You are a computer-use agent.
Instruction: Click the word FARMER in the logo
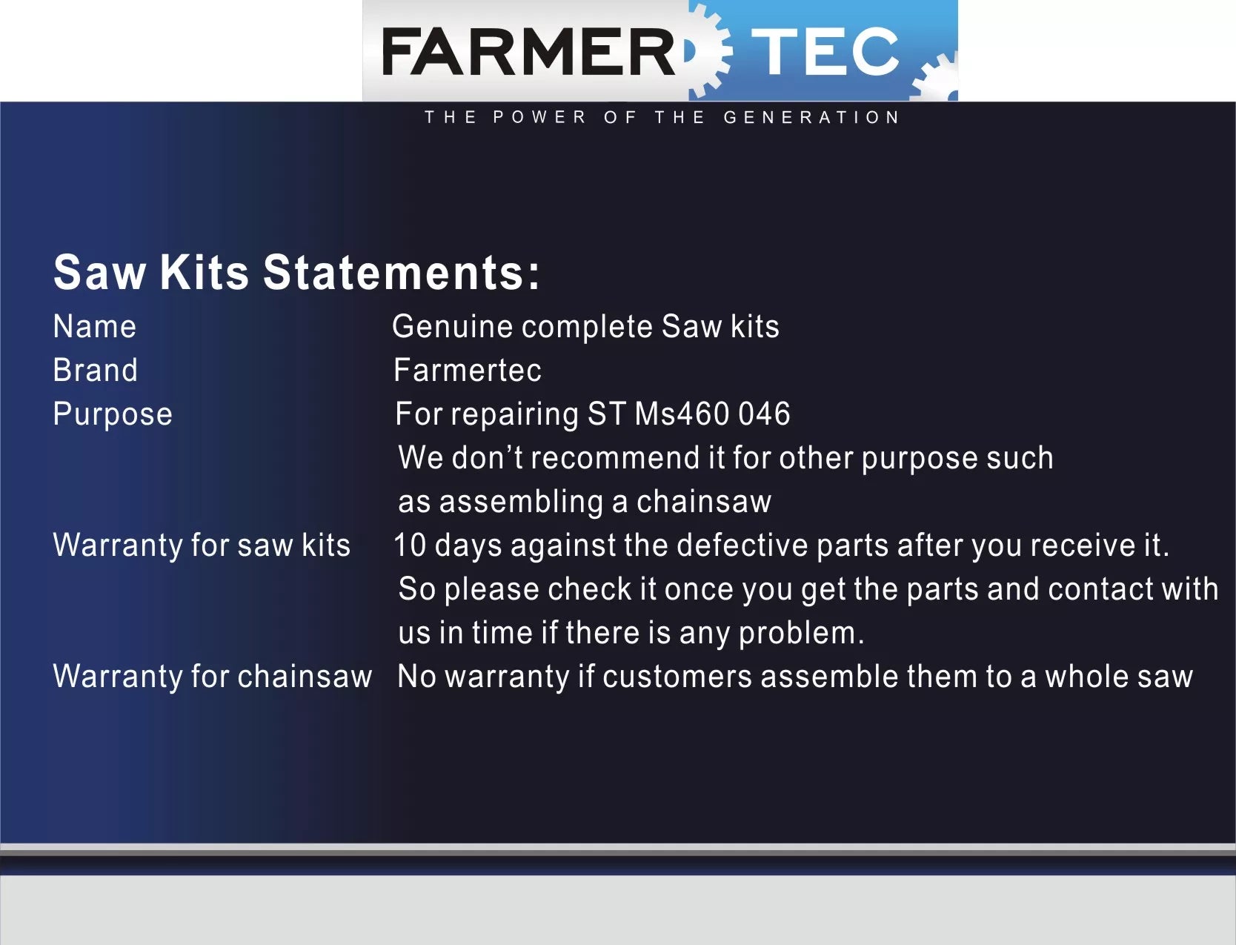528,52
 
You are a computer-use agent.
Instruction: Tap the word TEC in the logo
825,51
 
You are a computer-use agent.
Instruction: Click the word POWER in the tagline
539,117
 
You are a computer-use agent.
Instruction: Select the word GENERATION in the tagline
811,117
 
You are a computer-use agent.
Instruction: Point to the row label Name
95,326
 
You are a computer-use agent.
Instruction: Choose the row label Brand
95,370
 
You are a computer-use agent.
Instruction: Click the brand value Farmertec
468,370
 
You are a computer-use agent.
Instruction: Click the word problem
801,634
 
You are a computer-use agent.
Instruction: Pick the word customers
677,677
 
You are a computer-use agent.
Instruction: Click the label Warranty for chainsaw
213,677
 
